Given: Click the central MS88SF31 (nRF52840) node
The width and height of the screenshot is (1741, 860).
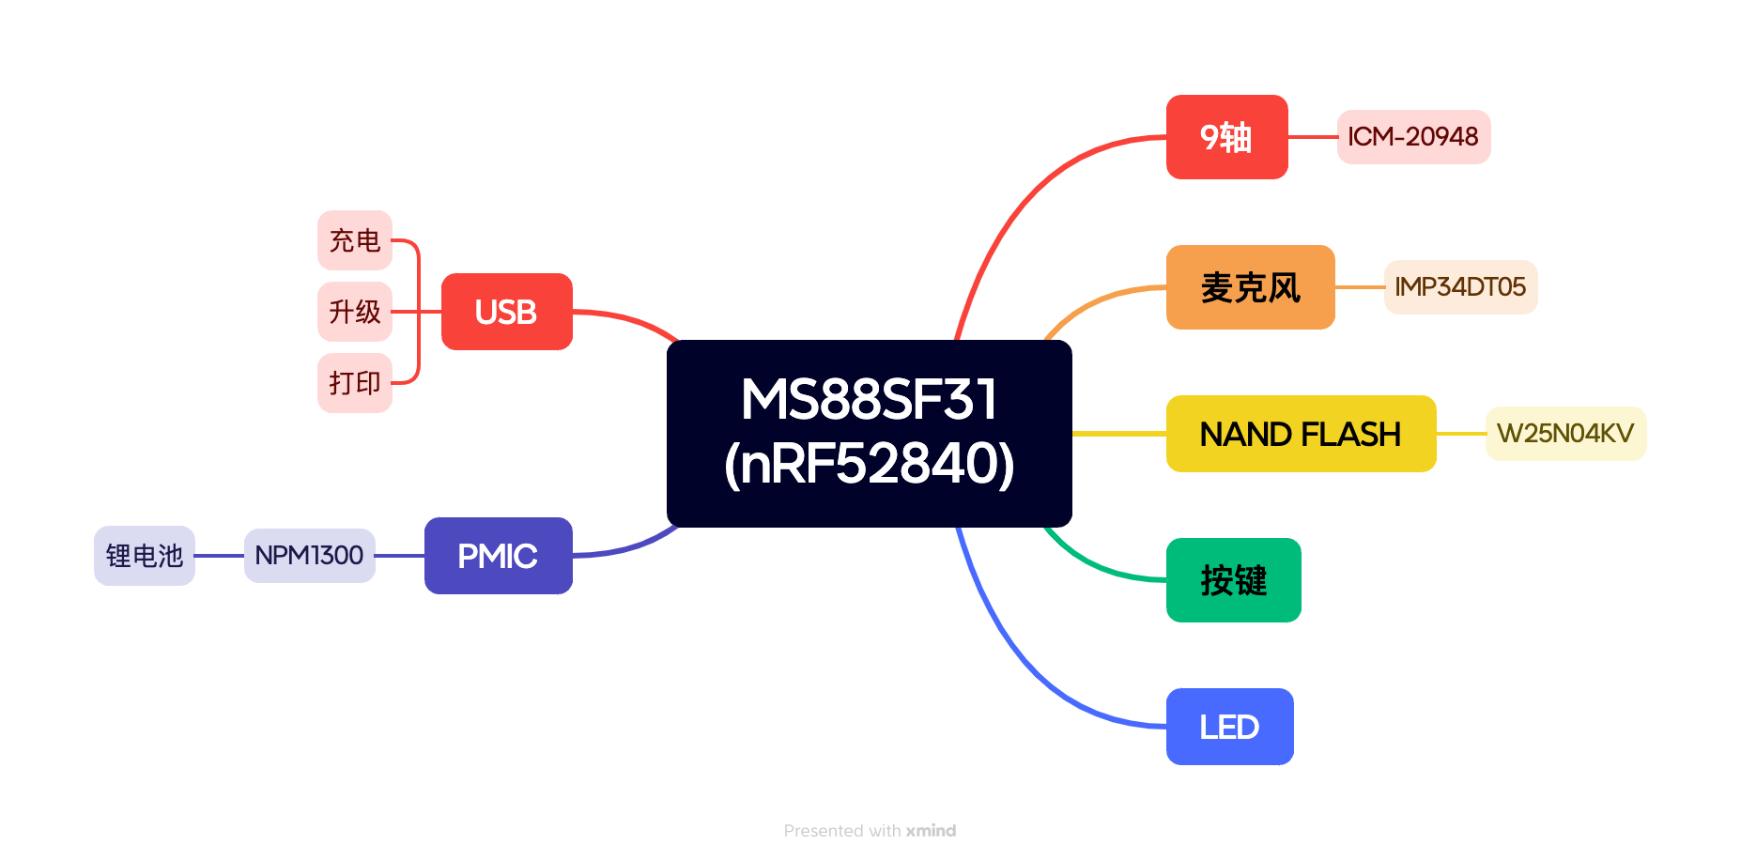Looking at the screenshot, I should click(869, 433).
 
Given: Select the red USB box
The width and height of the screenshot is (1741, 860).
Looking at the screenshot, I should click(506, 312).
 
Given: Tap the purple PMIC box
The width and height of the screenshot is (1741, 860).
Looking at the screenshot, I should click(498, 556).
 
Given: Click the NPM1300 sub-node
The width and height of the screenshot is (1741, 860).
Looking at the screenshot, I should click(309, 556).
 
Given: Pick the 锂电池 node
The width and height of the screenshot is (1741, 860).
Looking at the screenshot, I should click(145, 556).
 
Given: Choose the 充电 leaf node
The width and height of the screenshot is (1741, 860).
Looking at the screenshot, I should click(354, 240).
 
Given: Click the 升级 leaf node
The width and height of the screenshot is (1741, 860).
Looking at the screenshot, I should click(354, 312).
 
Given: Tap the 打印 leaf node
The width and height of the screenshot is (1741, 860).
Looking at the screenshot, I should click(354, 383).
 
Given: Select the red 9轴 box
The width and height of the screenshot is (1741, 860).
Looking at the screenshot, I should click(1226, 137).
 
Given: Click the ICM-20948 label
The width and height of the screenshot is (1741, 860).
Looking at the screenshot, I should click(1413, 137).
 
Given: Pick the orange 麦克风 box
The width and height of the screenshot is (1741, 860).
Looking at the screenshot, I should click(1250, 287).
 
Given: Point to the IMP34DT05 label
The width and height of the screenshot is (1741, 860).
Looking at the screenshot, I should click(1460, 287).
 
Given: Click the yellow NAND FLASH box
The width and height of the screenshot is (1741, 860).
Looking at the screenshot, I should click(1301, 434).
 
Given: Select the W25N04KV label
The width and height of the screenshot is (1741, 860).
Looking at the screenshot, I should click(1565, 434).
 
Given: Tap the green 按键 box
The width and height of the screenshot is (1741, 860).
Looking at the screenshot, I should click(1233, 580).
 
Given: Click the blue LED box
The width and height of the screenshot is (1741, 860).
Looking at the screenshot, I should click(1229, 727).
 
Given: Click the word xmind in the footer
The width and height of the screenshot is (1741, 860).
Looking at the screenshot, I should click(931, 831).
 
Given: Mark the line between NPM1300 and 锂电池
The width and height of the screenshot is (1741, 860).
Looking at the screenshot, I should click(219, 556).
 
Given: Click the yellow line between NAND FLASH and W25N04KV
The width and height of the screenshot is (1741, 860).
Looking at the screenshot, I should click(1460, 434).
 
